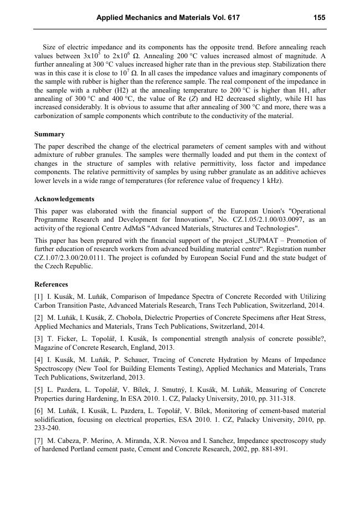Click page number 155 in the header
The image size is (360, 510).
pyautogui.click(x=319, y=18)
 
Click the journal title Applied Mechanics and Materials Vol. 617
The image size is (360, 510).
pyautogui.click(x=168, y=18)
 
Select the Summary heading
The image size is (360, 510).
pyautogui.click(x=49, y=134)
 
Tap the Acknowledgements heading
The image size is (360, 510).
pyautogui.click(x=64, y=199)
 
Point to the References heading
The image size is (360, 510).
pyautogui.click(x=51, y=284)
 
